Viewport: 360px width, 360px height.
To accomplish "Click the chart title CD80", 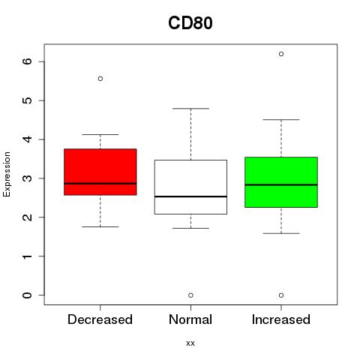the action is click(190, 23).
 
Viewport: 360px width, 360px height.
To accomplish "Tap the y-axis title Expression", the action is click(7, 174).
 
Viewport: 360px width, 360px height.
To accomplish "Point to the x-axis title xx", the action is click(190, 343).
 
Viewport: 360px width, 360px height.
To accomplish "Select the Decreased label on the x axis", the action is click(100, 319).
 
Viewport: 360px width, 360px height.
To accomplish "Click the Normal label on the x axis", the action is click(190, 319).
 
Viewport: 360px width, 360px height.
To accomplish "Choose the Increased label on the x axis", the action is click(281, 319).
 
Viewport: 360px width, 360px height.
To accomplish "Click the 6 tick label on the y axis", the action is click(28, 61).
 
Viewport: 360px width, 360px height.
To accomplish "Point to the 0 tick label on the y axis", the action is click(28, 295).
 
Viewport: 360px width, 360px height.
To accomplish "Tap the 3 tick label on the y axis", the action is click(28, 178).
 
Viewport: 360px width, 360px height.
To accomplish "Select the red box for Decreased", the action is click(100, 172).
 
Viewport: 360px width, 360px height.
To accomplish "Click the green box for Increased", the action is click(281, 182).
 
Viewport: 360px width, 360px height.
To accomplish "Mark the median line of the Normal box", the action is click(190, 196).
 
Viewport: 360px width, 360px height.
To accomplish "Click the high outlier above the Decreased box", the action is click(100, 79).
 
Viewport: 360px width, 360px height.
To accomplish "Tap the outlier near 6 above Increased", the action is click(281, 54).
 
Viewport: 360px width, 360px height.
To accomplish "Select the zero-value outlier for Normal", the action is click(190, 295).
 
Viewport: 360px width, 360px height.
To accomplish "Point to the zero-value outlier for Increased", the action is click(281, 295).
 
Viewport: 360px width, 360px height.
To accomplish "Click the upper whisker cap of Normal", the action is click(190, 109).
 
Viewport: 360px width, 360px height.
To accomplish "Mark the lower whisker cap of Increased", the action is click(281, 233).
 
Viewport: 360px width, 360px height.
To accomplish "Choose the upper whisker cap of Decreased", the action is click(100, 134).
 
